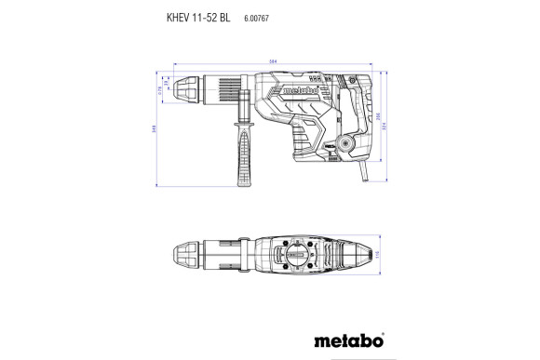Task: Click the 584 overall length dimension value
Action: [272, 62]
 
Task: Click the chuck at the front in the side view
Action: [191, 90]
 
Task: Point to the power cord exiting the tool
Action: [365, 171]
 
